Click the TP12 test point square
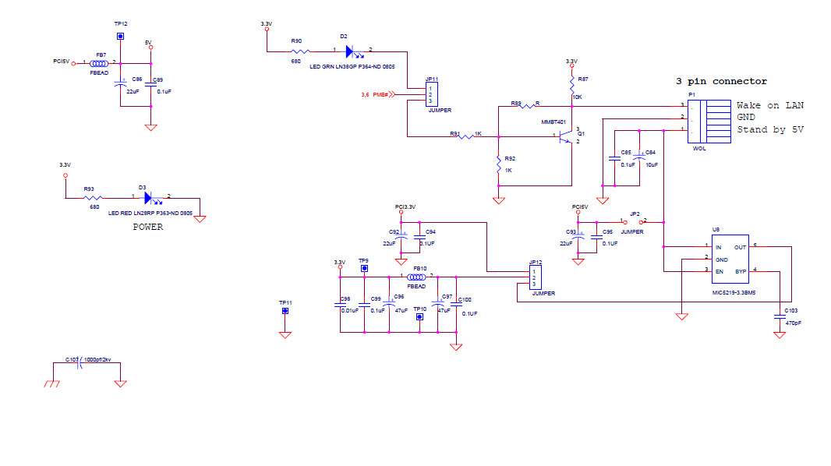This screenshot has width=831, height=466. coord(120,36)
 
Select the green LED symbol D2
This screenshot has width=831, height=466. coord(351,51)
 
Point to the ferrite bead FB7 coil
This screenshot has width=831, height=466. coord(100,62)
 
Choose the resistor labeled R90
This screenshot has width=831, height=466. coord(297,51)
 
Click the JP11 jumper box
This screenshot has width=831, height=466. coord(431,95)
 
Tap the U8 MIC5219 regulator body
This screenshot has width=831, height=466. coord(724,259)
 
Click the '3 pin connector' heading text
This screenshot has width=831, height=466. coord(721,81)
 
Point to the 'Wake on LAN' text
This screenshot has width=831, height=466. coord(770,105)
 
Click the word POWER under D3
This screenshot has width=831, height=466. coord(148,228)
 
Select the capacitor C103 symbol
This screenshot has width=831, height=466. coord(779,316)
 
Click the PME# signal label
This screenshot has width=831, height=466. coord(380,95)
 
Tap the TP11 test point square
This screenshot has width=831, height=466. coord(285,312)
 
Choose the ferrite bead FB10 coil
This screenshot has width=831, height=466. coord(417,277)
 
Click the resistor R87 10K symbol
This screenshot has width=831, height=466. coord(571,83)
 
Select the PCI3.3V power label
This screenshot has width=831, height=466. coord(405,207)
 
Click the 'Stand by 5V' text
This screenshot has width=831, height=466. coord(770,129)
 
